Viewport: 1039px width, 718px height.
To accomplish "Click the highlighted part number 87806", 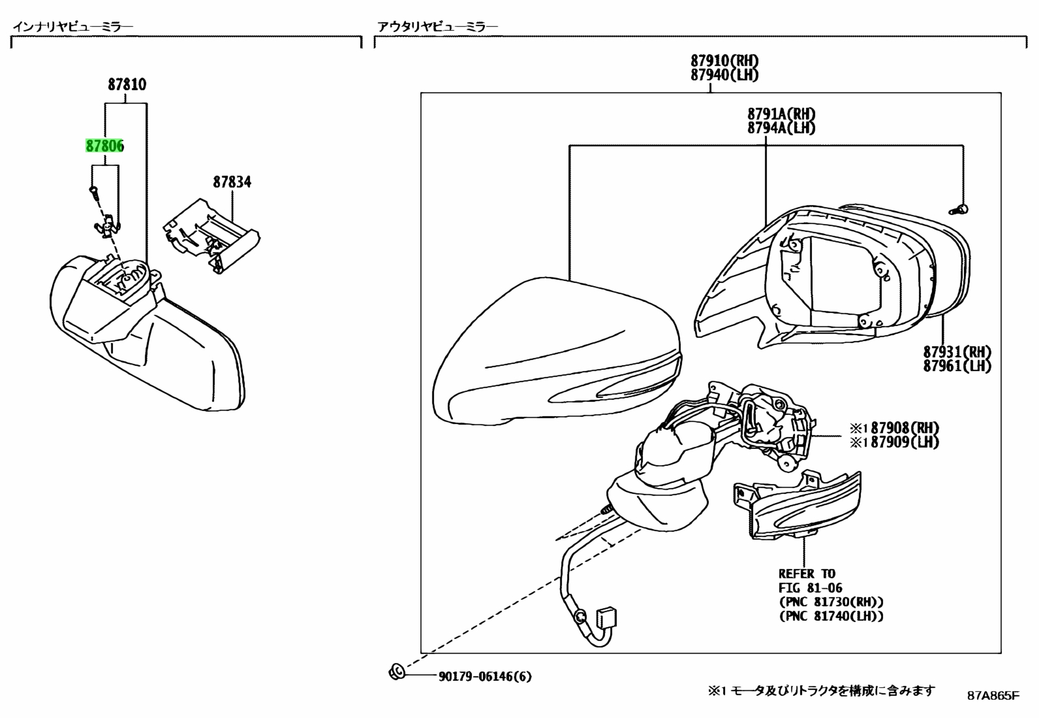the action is click(x=105, y=146).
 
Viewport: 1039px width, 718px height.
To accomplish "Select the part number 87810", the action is click(x=127, y=84).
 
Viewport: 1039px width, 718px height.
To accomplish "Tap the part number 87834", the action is click(x=232, y=182).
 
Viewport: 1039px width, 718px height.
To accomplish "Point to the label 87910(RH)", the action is click(x=724, y=60).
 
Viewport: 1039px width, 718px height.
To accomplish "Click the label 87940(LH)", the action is click(x=724, y=74).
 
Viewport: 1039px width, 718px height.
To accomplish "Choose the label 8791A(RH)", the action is click(x=781, y=114).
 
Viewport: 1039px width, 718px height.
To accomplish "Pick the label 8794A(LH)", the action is click(x=781, y=127).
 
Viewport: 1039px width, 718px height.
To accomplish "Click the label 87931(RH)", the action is click(x=957, y=351).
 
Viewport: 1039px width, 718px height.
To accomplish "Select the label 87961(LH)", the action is click(x=957, y=366).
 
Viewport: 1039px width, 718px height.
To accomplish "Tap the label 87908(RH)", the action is click(x=905, y=428).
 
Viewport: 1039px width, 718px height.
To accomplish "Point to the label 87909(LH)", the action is click(x=905, y=442).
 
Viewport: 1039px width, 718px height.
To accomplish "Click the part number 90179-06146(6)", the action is click(x=485, y=677).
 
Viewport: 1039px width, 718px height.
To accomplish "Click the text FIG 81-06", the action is click(x=811, y=588).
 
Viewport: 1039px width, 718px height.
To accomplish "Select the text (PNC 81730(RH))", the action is click(x=831, y=602).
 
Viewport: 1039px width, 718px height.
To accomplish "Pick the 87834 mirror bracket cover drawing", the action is click(x=211, y=236).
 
